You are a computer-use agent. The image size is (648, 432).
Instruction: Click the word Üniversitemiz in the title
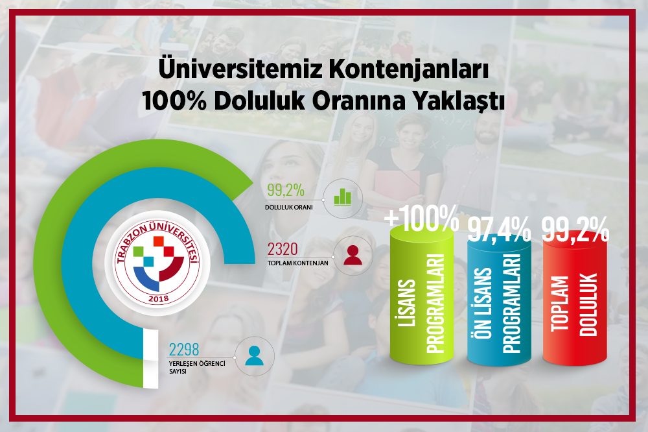(x=240, y=68)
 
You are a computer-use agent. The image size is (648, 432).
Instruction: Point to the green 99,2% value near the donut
(x=286, y=190)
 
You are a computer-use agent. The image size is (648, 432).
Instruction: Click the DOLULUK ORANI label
(x=289, y=208)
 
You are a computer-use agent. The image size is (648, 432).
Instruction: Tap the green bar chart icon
(x=343, y=197)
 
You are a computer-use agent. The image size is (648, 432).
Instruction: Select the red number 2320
(x=283, y=250)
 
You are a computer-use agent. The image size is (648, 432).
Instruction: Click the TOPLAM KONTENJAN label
(x=297, y=263)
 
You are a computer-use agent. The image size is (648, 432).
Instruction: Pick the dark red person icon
(x=353, y=256)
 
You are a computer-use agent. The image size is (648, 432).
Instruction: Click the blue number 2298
(x=184, y=350)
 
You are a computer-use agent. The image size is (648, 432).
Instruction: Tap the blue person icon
(x=254, y=355)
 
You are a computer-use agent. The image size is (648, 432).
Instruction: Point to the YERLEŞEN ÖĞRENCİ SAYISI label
(x=197, y=367)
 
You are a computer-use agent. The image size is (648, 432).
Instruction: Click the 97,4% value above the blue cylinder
(x=499, y=230)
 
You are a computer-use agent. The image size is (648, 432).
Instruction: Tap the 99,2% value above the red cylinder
(x=575, y=229)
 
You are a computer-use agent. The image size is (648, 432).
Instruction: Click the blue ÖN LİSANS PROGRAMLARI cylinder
(x=499, y=302)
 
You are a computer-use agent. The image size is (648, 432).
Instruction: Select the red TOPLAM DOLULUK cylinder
(x=575, y=303)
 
